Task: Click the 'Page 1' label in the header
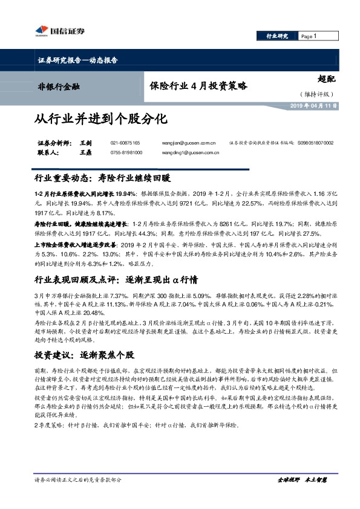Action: point(309,36)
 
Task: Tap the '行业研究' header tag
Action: point(277,36)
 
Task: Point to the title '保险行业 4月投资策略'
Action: point(198,86)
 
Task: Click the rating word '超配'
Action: point(326,78)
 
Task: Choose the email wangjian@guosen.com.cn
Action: point(185,143)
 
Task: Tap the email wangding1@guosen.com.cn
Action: point(186,153)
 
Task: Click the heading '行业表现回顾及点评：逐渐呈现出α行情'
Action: point(117,264)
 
